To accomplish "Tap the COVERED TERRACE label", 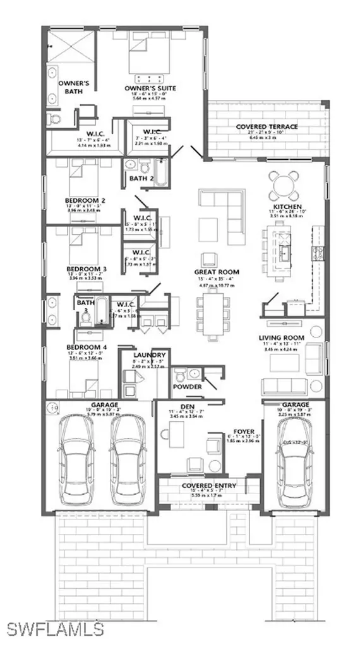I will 267,127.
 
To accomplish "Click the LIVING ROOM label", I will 281,338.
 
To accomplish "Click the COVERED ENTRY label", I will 209,485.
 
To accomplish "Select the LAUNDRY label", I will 150,355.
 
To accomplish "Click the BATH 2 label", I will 142,179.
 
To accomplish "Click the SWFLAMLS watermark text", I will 55,629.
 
